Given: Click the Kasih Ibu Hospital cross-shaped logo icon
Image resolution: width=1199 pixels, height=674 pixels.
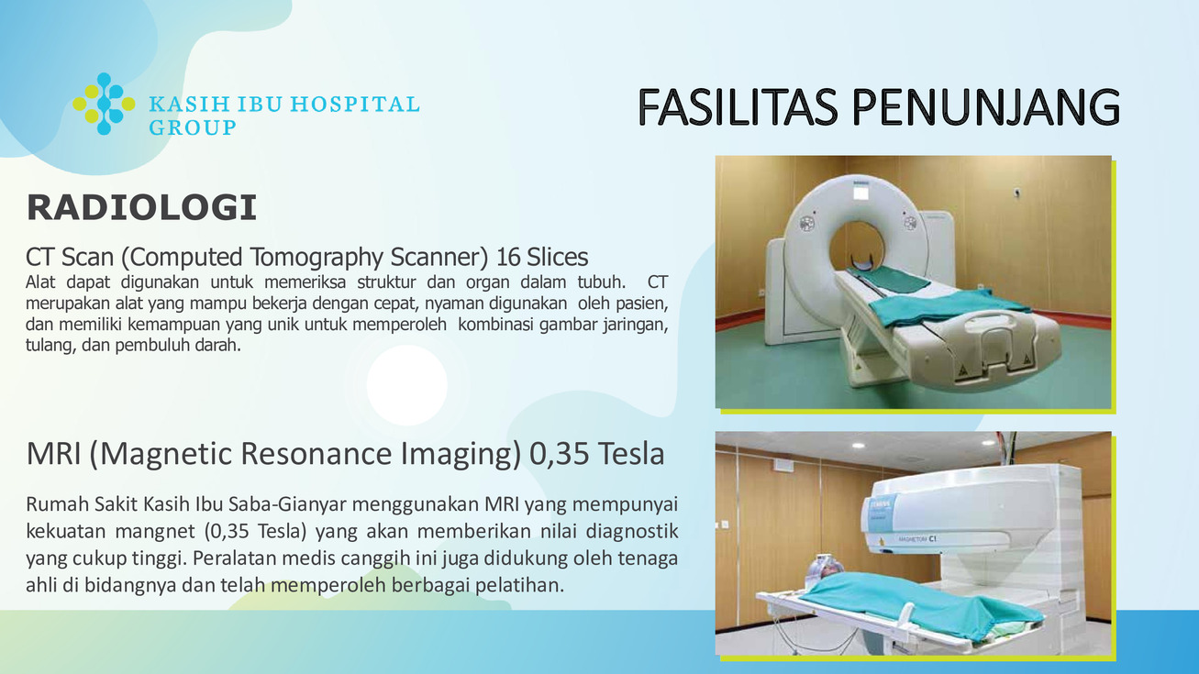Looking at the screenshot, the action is (104, 104).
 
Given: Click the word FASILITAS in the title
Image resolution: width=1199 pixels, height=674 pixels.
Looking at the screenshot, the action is (738, 107).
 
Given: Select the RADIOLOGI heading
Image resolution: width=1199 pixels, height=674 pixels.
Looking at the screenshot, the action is (142, 207).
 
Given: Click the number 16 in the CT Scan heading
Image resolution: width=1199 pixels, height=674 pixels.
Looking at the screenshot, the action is (508, 257).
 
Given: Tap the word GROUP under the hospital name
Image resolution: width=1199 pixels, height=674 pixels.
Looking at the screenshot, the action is (192, 127).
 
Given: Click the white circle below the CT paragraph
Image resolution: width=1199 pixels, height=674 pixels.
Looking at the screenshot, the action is (406, 385).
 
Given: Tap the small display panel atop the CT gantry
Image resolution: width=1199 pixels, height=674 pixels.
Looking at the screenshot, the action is (860, 191).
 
